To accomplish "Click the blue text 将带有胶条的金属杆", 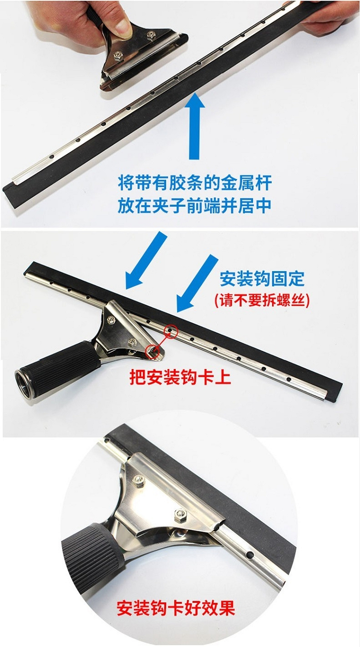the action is tap(195, 184).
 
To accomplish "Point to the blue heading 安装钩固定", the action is tap(262, 279).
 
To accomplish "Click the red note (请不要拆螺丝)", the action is tap(262, 300).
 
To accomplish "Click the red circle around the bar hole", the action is tap(171, 330).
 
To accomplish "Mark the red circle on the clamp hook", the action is tap(153, 351).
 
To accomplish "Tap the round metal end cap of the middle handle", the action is tap(25, 383).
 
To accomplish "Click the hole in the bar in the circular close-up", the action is tap(250, 554).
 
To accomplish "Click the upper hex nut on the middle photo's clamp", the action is tap(111, 319).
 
